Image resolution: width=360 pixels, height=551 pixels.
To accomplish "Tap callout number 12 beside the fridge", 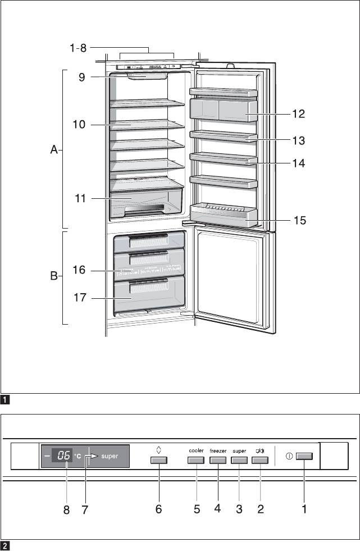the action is (x=298, y=114).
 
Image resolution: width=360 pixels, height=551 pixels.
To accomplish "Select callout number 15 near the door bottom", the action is (x=300, y=220).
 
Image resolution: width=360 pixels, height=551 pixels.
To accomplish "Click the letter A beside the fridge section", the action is (x=53, y=150).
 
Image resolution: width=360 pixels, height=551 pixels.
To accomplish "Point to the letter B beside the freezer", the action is (x=53, y=277).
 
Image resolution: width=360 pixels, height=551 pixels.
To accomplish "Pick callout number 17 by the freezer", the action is (x=80, y=298).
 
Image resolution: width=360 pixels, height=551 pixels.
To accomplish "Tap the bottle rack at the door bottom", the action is (x=224, y=215).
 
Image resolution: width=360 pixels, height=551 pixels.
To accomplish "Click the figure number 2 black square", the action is (x=5, y=545).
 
